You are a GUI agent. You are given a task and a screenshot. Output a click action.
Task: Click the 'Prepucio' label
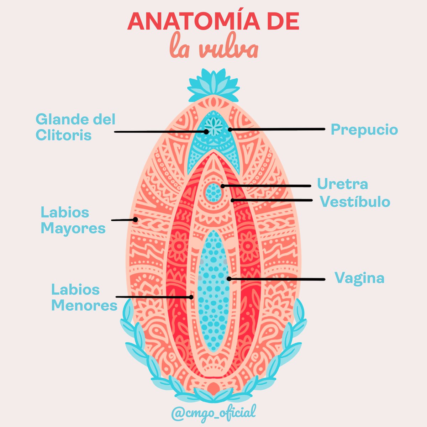tap(364, 130)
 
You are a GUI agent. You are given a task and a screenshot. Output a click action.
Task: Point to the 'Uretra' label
tap(342, 184)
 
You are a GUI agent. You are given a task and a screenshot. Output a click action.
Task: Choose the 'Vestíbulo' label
tap(355, 202)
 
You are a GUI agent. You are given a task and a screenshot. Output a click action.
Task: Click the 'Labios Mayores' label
tap(73, 220)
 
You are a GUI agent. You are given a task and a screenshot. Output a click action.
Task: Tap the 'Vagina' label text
tap(359, 278)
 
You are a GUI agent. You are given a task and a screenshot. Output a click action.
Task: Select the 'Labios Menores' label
tap(84, 297)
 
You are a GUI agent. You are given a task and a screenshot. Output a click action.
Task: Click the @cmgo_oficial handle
tap(213, 413)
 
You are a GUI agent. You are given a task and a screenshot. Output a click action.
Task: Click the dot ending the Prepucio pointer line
tap(230, 130)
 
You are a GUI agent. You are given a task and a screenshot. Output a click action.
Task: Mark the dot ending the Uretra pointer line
tap(223, 186)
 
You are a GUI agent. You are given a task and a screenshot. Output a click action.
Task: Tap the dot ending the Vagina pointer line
tap(229, 279)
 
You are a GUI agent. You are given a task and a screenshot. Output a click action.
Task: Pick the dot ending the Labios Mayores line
tap(135, 220)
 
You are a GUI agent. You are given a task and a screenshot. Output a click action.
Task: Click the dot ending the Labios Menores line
tap(191, 297)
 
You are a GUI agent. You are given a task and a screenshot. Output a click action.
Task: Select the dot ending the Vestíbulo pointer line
tap(232, 200)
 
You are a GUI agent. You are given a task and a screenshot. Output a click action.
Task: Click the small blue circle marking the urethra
tap(214, 192)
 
